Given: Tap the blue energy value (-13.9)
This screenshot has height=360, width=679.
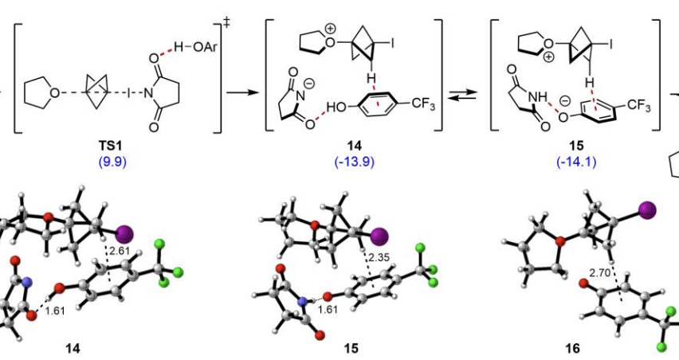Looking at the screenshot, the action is [353, 163].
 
